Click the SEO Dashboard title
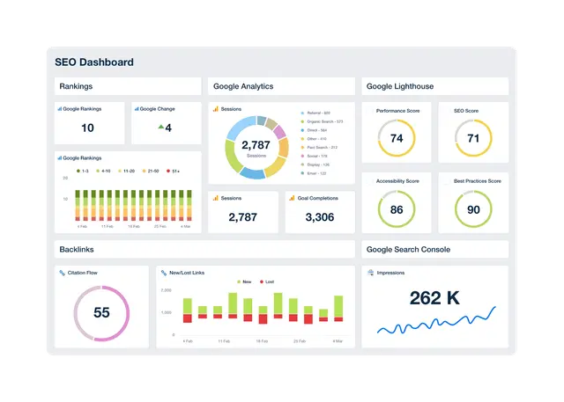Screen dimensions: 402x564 pyautogui.click(x=94, y=62)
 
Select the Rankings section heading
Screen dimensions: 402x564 pyautogui.click(x=76, y=86)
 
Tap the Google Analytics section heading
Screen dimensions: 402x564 pyautogui.click(x=243, y=86)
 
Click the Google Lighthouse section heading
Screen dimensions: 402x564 pyautogui.click(x=400, y=86)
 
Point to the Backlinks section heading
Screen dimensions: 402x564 pyautogui.click(x=77, y=250)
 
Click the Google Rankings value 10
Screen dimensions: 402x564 pyautogui.click(x=87, y=128)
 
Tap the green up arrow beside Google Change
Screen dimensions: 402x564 pyautogui.click(x=160, y=128)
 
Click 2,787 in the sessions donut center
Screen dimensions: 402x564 pyautogui.click(x=256, y=145)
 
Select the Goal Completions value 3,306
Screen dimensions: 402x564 pyautogui.click(x=319, y=216)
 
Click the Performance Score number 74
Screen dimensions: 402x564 pyautogui.click(x=397, y=138)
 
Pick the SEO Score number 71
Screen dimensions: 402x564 pyautogui.click(x=473, y=138)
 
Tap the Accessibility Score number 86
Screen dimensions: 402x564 pyautogui.click(x=397, y=209)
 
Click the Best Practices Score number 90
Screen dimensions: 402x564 pyautogui.click(x=473, y=209)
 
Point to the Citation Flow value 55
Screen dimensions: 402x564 pyautogui.click(x=101, y=312)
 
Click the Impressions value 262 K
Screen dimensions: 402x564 pyautogui.click(x=434, y=298)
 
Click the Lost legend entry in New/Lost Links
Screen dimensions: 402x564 pyautogui.click(x=267, y=281)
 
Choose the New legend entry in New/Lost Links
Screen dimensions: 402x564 pyautogui.click(x=243, y=281)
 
